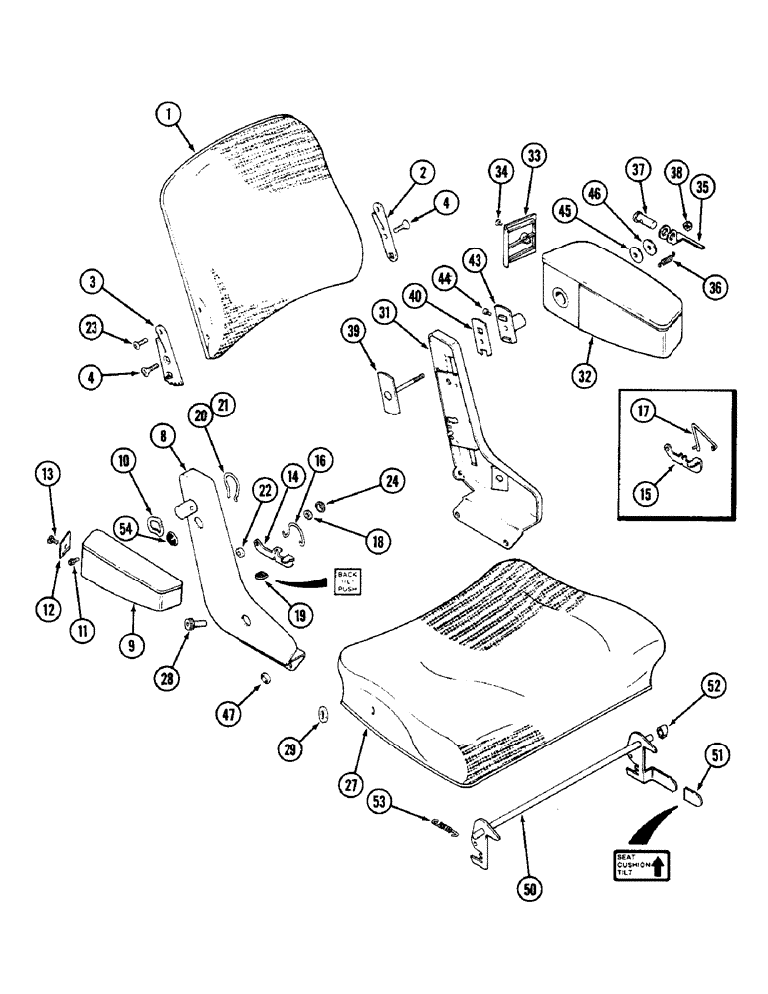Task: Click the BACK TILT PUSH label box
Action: coord(349,580)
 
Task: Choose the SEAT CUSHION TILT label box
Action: coord(637,865)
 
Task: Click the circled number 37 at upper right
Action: coord(639,172)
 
